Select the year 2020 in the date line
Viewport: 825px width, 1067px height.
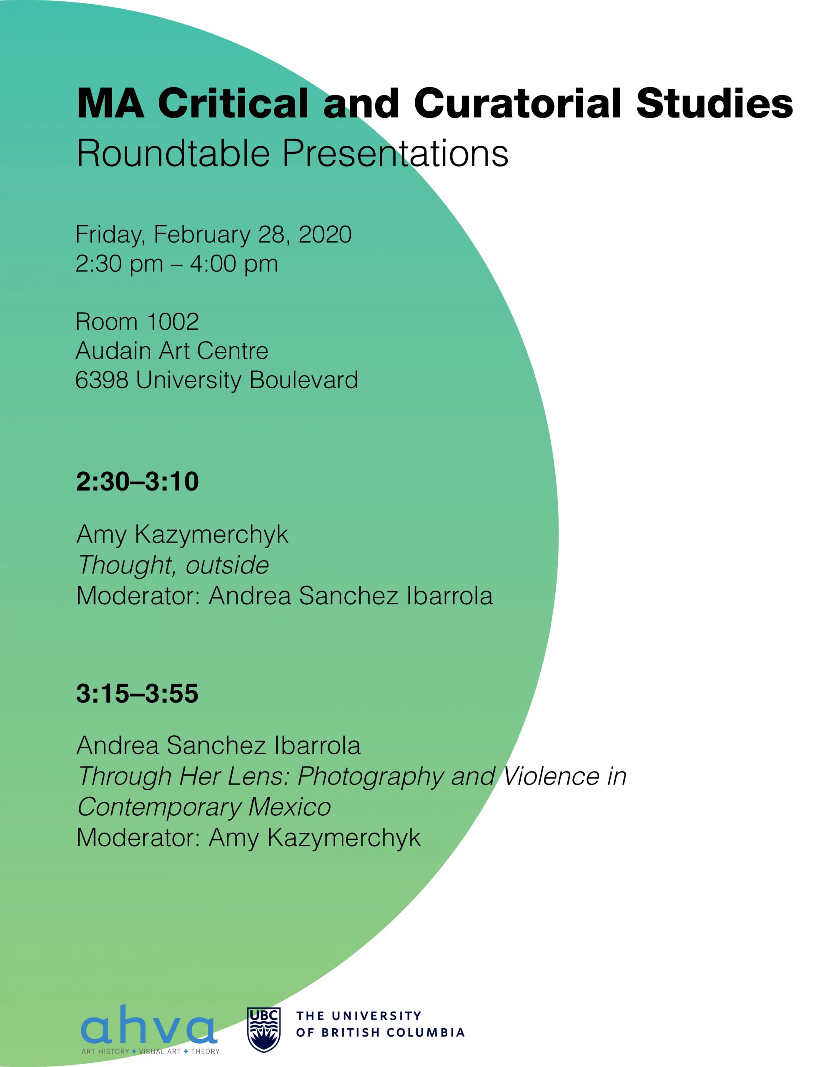[325, 235]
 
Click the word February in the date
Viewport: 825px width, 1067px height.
[202, 235]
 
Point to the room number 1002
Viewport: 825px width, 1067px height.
[173, 322]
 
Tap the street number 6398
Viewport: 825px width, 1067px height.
[102, 380]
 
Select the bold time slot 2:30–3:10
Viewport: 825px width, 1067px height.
[137, 482]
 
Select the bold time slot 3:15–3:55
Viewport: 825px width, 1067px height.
[137, 693]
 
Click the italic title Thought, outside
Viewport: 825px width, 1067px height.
[173, 565]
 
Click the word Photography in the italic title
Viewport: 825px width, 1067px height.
[371, 776]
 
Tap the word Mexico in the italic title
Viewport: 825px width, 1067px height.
[290, 807]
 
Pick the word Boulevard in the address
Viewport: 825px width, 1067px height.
[303, 380]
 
